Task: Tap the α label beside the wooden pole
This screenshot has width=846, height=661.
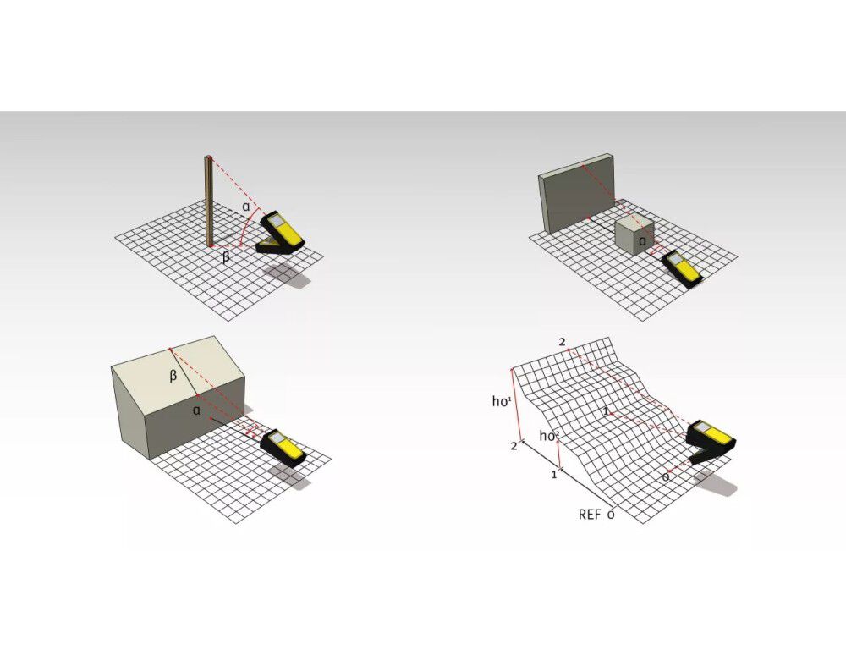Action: tap(246, 206)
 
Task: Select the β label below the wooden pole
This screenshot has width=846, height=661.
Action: tap(226, 256)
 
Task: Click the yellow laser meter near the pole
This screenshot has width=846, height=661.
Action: tap(282, 233)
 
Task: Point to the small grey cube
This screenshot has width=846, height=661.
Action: tap(635, 233)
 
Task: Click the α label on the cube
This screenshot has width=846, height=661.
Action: tap(642, 240)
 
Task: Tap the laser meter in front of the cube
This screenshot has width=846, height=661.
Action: tap(681, 267)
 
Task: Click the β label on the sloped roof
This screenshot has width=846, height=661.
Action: tap(173, 376)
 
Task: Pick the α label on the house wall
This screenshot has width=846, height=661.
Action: tap(196, 410)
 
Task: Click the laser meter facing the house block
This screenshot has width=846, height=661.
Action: tap(283, 447)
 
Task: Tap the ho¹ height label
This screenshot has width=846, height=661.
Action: tap(501, 401)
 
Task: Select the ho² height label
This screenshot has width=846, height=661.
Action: tap(549, 435)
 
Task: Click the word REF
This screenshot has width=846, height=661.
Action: tap(589, 515)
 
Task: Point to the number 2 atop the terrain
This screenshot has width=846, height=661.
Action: tap(563, 342)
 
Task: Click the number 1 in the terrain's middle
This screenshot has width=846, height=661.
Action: tap(606, 411)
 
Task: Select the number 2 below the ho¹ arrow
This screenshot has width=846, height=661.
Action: tap(514, 446)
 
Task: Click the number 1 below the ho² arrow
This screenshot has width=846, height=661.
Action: tap(553, 475)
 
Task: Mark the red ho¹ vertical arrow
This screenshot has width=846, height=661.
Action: tap(517, 405)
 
